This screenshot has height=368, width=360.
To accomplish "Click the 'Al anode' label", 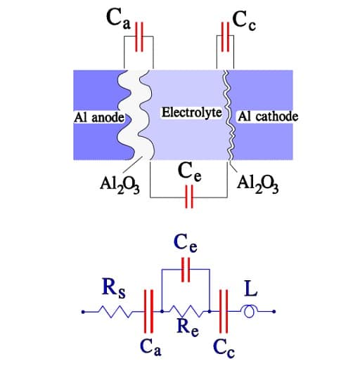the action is pos(99,117).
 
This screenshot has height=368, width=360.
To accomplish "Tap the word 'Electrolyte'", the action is pos(192,112).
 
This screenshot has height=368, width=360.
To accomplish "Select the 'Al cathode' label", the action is pos(268,116).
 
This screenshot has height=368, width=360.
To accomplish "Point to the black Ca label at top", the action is pos(118,18).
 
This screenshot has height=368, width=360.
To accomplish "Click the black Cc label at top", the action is pos(244,20).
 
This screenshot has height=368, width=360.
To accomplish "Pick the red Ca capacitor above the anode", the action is pos(139,37).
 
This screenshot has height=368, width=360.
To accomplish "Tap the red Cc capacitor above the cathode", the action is pos(225,37).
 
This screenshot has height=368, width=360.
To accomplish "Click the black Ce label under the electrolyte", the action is pos(189,171).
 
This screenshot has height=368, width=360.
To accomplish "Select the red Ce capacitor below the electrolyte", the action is pos(189,197).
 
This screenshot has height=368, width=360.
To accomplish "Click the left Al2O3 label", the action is pos(120,185).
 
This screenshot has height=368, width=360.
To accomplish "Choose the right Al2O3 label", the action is pos(258,185).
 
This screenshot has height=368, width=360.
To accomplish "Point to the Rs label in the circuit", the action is pos(114,288).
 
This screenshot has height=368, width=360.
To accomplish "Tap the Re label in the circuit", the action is pos(188,327).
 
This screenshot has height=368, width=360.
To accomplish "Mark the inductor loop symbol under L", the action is pos(249,312).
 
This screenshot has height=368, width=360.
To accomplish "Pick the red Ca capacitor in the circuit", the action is pos(148,311).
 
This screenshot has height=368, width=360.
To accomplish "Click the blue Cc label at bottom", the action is pos(224,348).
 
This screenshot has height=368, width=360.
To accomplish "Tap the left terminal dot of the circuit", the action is pos(83,312).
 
